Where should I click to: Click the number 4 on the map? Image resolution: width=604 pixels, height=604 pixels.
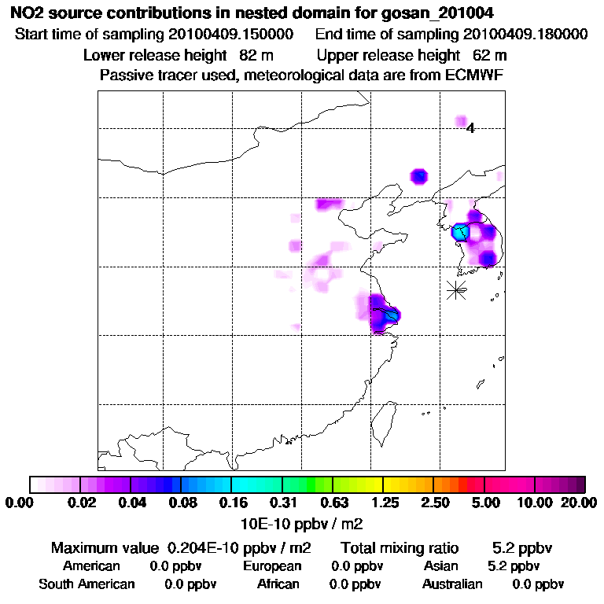470,128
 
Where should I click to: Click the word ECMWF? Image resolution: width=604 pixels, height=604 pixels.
473,75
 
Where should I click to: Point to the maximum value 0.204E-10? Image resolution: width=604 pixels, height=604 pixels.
208,547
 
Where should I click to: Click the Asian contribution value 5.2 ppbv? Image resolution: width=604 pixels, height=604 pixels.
514,566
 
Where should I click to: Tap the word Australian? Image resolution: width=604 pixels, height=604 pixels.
452,584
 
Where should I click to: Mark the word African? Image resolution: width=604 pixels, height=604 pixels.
278,584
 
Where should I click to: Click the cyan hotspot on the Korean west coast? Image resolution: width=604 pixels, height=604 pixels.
460,233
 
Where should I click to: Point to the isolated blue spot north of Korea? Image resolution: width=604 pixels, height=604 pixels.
419,175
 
